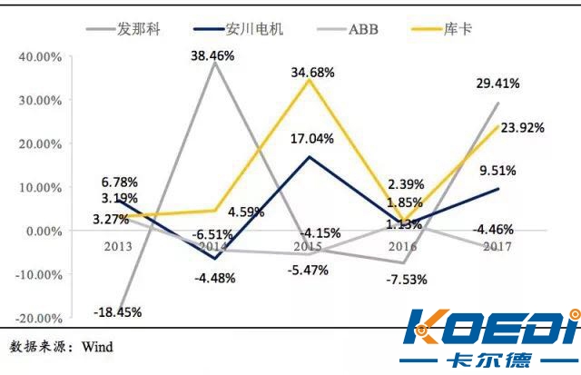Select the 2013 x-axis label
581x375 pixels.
(118, 246)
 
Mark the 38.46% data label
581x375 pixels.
(212, 55)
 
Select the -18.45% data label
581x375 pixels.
(118, 312)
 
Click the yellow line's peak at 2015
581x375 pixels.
(310, 81)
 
